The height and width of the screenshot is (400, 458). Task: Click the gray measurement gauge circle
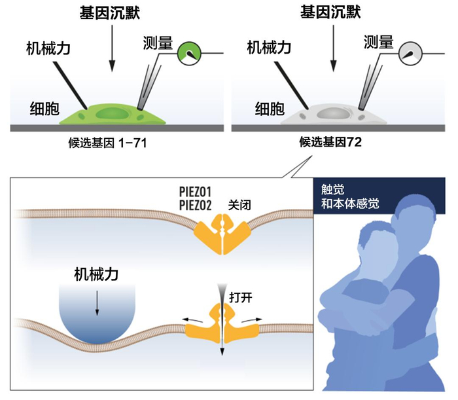pos(412,52)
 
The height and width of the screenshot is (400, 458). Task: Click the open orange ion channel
pos(222,321)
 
